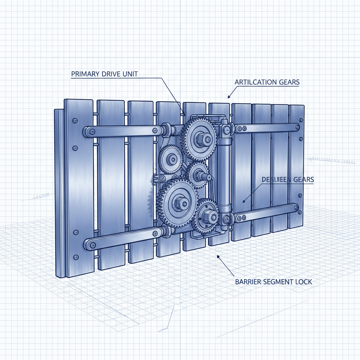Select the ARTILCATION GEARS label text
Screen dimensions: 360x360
(267, 82)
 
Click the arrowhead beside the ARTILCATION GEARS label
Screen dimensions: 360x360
(229, 97)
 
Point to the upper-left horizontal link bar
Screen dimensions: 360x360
(123, 131)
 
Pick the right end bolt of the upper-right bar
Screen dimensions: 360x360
(297, 127)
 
